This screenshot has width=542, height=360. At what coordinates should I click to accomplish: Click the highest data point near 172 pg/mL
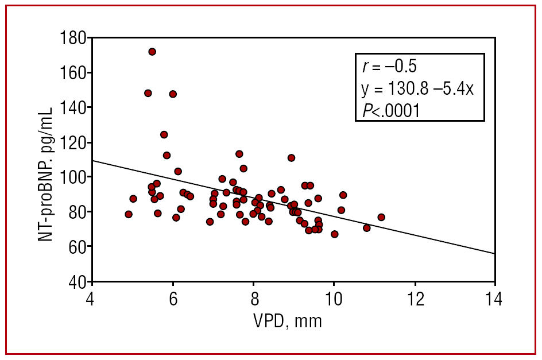[152, 52]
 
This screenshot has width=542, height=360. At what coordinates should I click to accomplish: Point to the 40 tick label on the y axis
[77, 282]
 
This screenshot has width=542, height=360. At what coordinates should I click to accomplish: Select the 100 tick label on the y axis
[73, 177]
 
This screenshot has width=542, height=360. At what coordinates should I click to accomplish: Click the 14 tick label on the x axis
[494, 299]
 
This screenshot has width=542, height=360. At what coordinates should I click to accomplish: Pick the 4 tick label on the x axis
[91, 299]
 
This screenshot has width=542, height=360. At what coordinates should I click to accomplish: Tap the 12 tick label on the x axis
[414, 299]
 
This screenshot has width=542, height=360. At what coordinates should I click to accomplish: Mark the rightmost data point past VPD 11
[381, 217]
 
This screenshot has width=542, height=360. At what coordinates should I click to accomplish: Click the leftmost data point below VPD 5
[129, 214]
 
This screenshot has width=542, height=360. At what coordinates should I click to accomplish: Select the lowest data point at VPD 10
[335, 234]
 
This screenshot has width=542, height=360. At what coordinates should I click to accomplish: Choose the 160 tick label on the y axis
[73, 73]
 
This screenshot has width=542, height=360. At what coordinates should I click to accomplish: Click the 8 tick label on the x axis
[253, 299]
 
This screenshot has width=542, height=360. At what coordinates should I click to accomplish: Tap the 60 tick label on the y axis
[77, 247]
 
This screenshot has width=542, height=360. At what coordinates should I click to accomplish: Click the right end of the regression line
[494, 253]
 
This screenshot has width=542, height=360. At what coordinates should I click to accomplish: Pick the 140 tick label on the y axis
[73, 108]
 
